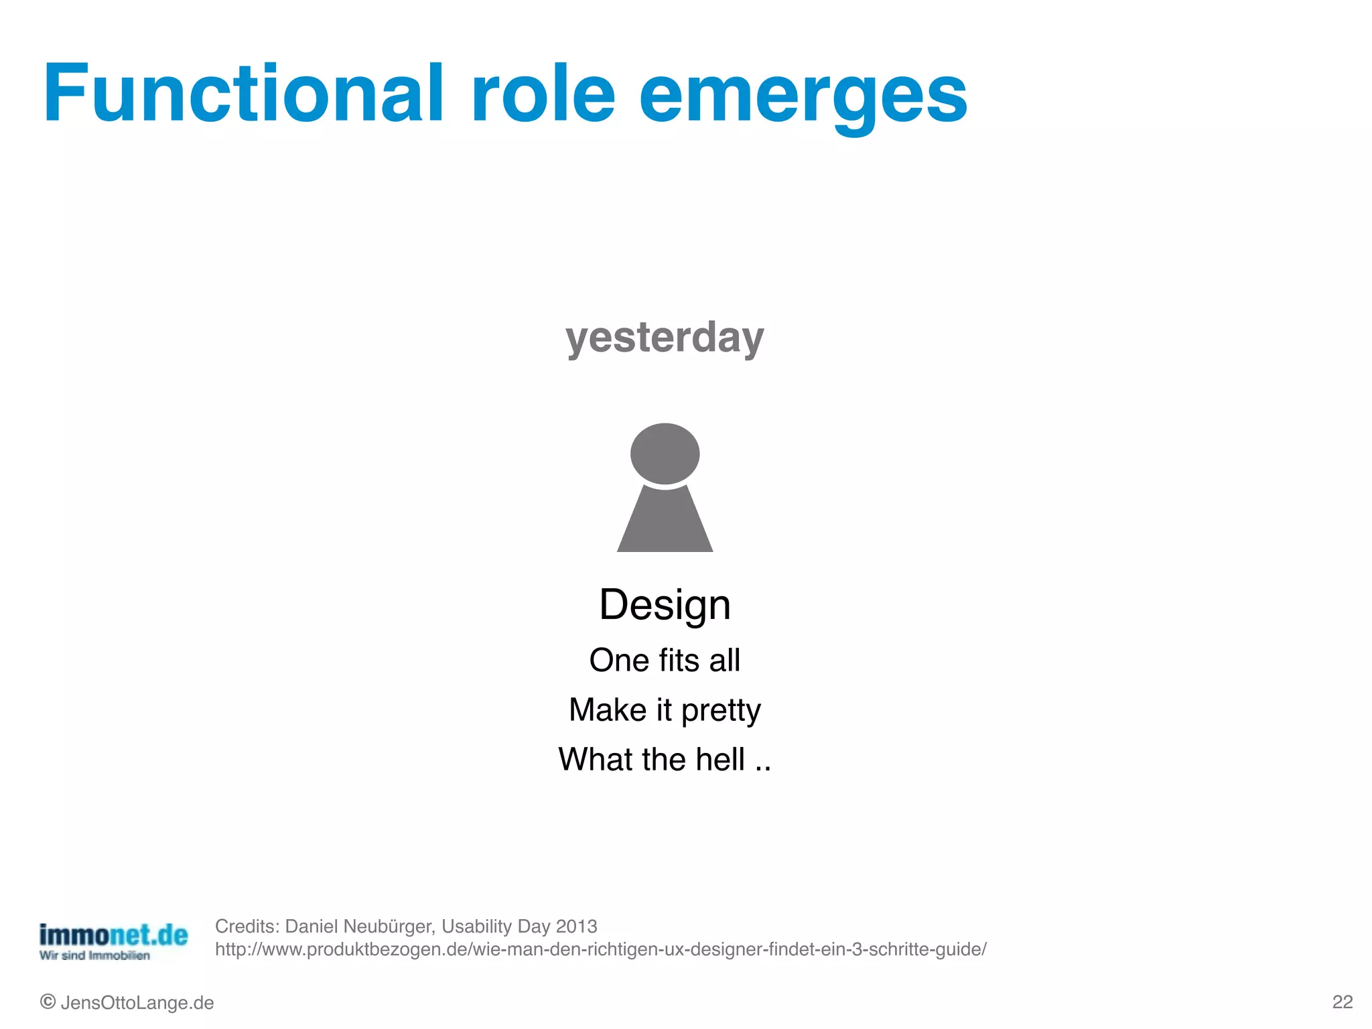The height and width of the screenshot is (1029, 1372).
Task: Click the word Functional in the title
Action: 243,94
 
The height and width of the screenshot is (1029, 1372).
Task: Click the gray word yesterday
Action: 665,337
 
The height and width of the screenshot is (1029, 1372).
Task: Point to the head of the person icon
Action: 665,454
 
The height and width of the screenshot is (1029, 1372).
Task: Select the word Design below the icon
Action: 665,605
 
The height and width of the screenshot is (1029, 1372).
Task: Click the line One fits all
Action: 665,661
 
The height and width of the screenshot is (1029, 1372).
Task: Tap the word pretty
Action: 721,711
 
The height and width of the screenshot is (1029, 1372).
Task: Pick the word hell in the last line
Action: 719,760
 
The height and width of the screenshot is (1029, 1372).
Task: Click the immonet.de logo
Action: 113,935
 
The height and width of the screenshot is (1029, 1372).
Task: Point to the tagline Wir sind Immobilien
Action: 94,956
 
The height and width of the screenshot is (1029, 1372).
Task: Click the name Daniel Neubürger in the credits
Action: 360,927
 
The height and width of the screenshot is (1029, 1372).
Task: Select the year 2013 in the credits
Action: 576,927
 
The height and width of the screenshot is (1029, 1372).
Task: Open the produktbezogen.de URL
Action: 600,949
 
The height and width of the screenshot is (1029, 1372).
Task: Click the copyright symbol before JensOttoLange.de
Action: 48,1002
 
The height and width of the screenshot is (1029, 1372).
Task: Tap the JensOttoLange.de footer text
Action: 137,1003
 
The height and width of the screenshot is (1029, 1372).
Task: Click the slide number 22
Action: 1342,1002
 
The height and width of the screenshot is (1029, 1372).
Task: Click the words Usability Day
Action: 496,927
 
